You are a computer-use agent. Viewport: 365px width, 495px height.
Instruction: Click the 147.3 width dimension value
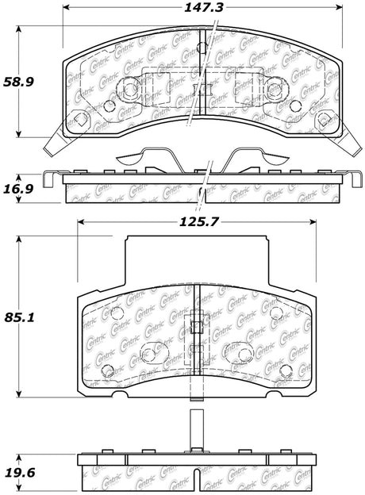pos(204,8)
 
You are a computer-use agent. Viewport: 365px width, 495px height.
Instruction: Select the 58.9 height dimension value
pos(18,82)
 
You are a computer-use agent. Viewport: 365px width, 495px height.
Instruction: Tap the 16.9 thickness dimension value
pos(18,189)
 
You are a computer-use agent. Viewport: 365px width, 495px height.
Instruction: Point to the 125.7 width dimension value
pos(199,222)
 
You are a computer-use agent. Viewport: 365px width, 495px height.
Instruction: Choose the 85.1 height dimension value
pos(19,317)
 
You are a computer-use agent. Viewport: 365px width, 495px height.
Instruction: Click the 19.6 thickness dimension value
pos(20,473)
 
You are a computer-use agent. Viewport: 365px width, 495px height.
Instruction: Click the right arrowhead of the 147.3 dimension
pos(340,7)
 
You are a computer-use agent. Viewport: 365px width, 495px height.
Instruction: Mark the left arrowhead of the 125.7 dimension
pos(82,222)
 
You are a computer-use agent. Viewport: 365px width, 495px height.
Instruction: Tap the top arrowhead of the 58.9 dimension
pos(19,29)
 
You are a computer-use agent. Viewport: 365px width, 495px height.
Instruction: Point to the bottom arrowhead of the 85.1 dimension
pos(20,393)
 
